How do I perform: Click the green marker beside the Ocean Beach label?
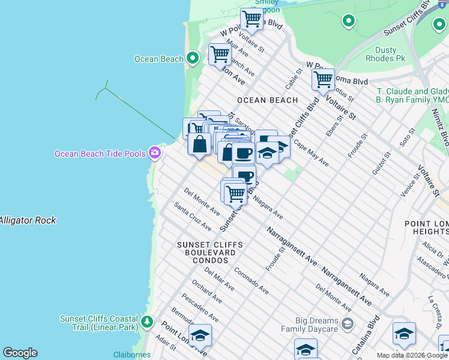192,59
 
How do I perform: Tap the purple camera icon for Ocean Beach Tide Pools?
155,153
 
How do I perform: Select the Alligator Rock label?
28,220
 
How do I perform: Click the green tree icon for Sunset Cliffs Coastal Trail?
147,322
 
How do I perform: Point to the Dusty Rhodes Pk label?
386,54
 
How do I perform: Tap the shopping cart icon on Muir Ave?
220,54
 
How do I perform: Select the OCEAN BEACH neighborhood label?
267,100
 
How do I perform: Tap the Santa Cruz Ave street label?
193,216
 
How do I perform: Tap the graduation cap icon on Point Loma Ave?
200,335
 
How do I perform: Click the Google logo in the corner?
20,353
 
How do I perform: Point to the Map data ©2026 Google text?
412,355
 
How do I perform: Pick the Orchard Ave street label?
206,291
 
